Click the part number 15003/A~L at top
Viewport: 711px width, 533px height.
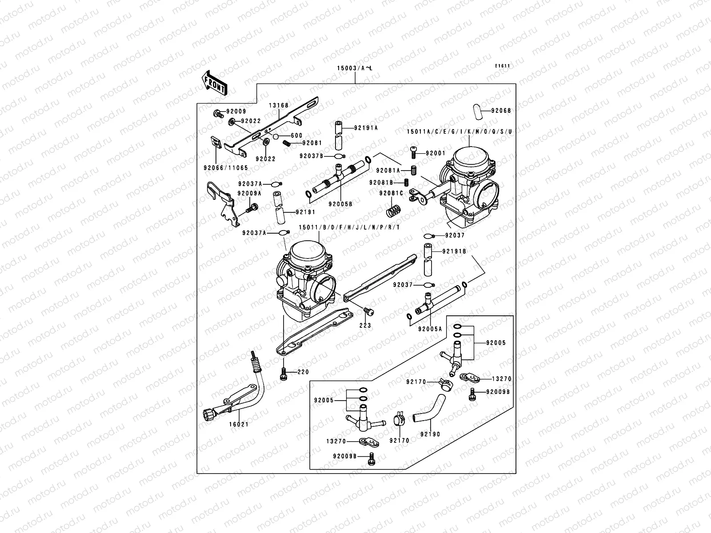355,68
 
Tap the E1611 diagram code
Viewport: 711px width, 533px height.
503,66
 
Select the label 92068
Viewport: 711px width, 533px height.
501,111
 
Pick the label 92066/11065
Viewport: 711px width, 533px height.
226,168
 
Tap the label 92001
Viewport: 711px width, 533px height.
435,153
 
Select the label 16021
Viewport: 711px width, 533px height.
239,424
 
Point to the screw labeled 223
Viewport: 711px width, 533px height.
368,312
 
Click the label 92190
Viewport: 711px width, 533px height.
430,434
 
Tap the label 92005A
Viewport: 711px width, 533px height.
430,329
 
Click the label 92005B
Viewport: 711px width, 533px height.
340,204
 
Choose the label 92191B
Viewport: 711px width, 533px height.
454,251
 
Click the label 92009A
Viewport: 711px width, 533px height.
249,194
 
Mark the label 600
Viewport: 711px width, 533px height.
296,135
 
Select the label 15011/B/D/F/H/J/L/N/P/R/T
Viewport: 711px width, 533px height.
349,227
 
